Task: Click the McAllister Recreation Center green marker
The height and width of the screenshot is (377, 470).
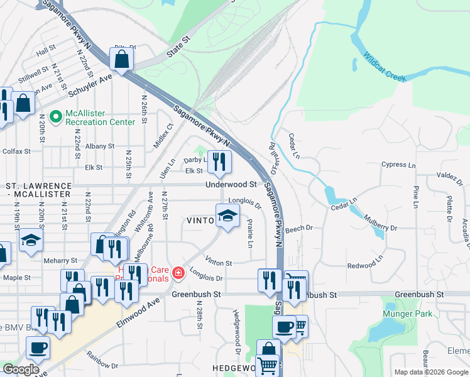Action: [x=56, y=116]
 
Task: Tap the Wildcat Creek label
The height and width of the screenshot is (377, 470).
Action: [x=384, y=67]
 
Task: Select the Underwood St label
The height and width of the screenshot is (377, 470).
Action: [x=231, y=185]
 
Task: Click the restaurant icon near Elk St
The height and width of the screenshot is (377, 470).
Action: [x=219, y=162]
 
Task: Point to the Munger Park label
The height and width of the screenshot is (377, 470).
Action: [x=405, y=313]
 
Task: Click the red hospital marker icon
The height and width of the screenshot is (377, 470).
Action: [x=178, y=273]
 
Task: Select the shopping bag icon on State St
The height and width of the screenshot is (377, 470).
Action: [x=121, y=59]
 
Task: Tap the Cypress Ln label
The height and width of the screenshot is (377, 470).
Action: [x=398, y=165]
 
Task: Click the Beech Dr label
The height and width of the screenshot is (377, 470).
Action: [x=300, y=229]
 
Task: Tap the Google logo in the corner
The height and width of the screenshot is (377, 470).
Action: [x=21, y=370]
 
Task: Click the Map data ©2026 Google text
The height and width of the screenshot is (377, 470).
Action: [x=430, y=372]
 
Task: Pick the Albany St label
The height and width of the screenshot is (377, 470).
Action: [x=100, y=146]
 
